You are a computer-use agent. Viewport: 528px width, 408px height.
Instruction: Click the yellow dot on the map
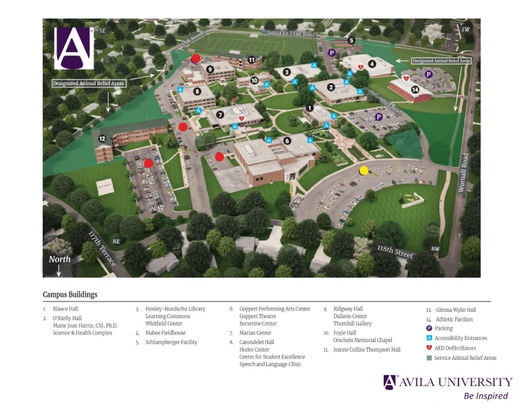click(364, 170)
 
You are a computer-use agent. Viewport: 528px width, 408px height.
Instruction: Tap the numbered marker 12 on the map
click(102, 139)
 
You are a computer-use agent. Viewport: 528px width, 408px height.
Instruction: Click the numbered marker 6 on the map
click(287, 140)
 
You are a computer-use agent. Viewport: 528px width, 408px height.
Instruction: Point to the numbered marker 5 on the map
click(351, 41)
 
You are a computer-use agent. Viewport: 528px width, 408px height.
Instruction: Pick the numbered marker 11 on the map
click(252, 60)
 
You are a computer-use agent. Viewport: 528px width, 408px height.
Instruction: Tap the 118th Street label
click(395, 251)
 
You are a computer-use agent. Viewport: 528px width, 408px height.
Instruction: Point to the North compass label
click(59, 260)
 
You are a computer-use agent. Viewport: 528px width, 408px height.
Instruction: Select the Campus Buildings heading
click(70, 295)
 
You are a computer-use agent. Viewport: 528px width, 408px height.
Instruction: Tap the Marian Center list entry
click(255, 333)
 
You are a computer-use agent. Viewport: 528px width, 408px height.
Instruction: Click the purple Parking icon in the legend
click(429, 329)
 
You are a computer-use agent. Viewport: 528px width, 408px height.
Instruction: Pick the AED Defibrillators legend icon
click(429, 348)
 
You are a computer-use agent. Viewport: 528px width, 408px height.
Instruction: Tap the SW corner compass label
click(465, 30)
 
